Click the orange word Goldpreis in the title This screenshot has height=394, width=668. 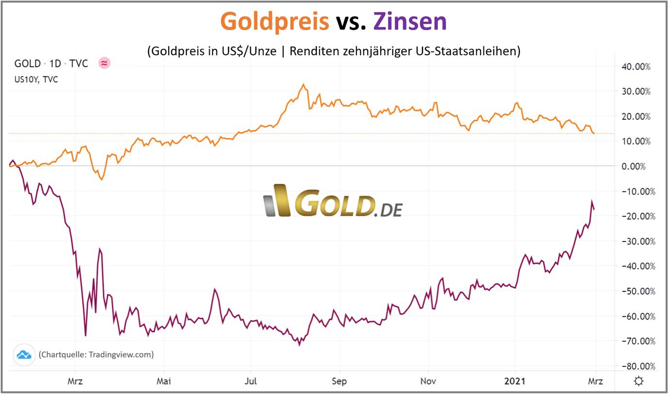[275, 21]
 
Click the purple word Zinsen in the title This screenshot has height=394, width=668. [410, 21]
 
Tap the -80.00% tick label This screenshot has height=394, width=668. [634, 366]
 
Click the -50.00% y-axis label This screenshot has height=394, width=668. [634, 291]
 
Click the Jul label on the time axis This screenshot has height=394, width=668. [250, 381]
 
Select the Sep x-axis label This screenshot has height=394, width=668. [339, 381]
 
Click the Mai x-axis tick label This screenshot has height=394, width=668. [164, 381]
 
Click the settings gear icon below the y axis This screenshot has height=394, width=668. [638, 381]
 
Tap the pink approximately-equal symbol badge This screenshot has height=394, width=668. [104, 63]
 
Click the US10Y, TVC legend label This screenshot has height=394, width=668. [36, 79]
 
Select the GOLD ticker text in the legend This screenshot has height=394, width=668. [28, 63]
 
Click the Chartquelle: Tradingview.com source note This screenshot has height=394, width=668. [96, 354]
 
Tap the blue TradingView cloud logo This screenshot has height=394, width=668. [24, 354]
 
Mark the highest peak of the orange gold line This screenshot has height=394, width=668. [304, 84]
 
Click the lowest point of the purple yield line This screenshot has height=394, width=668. [299, 345]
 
